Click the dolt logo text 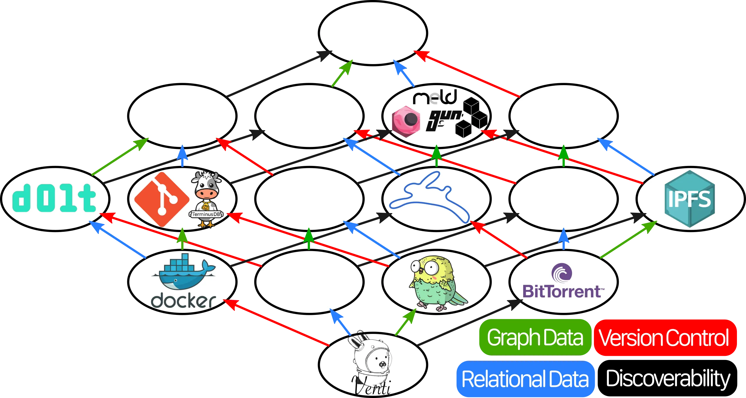pos(54,198)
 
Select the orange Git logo pos(161,199)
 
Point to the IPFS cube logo pos(690,199)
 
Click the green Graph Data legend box pos(535,337)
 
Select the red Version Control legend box pos(664,337)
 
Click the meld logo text pos(435,97)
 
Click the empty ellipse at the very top pos(373,33)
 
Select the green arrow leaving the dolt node pos(120,157)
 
